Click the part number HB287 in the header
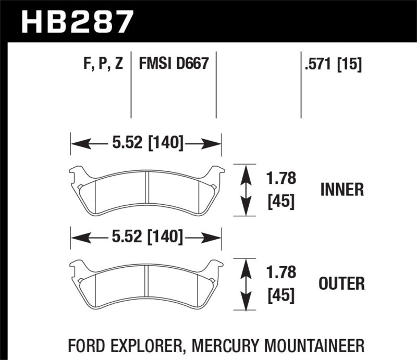point(77,22)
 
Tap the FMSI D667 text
point(174,65)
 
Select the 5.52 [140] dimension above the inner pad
point(146,143)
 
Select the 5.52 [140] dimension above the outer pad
point(146,238)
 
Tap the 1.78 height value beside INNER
point(281,179)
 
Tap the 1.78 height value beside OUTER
point(281,272)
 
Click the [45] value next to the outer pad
point(281,295)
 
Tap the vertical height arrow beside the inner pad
point(246,190)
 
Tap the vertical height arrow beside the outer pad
point(246,284)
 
